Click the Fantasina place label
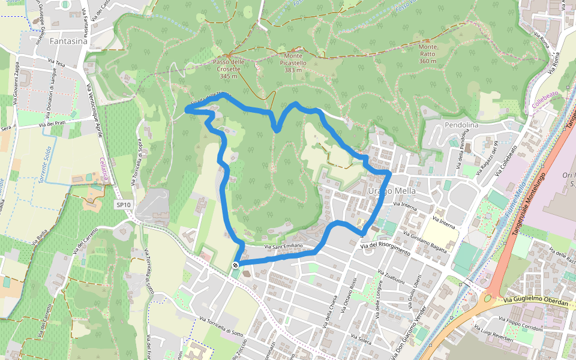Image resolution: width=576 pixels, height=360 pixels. pyautogui.click(x=68, y=41)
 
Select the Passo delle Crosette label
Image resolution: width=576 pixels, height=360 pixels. pyautogui.click(x=229, y=68)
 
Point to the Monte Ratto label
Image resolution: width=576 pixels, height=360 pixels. pyautogui.click(x=428, y=53)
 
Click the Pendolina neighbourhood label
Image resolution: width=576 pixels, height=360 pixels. pyautogui.click(x=461, y=125)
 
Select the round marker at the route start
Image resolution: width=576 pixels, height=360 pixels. pyautogui.click(x=235, y=265)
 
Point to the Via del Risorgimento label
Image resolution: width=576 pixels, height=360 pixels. pyautogui.click(x=385, y=248)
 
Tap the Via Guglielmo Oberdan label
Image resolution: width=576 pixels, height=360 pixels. pyautogui.click(x=536, y=304)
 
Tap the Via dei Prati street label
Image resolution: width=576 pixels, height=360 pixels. pyautogui.click(x=52, y=124)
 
